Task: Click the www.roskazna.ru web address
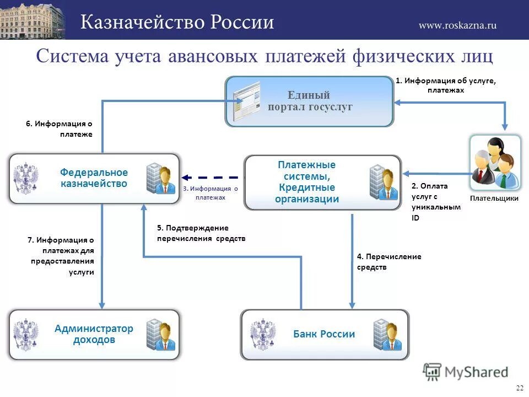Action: point(457,25)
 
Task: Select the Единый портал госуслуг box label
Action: point(310,101)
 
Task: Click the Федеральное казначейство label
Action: point(94,178)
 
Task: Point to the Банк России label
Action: point(324,334)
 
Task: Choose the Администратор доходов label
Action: point(94,334)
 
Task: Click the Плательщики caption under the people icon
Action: point(494,198)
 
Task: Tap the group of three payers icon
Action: point(495,162)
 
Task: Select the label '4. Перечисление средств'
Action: point(389,262)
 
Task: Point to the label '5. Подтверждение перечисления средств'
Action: point(201,233)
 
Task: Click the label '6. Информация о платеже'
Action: point(59,129)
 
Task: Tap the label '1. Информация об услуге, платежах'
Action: point(446,85)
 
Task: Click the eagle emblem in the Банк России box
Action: point(262,334)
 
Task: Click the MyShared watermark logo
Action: point(466,372)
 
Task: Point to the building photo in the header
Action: point(32,19)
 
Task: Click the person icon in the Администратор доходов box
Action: point(161,335)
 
